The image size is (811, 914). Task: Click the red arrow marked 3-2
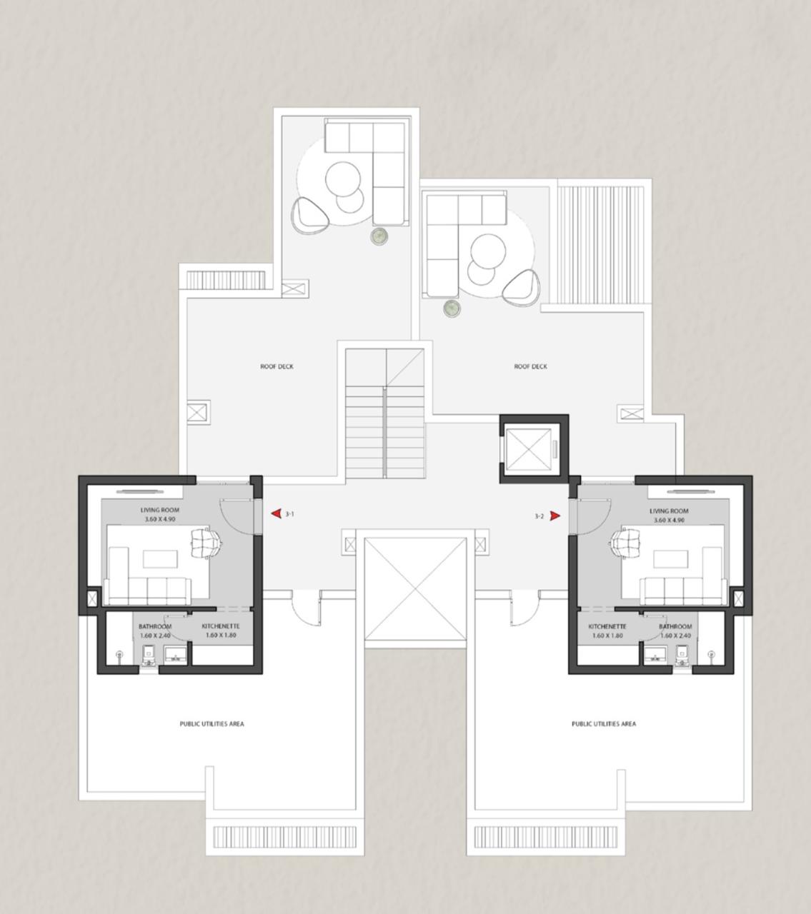click(555, 516)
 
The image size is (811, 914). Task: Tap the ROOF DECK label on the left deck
click(277, 367)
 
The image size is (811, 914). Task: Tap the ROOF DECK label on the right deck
click(531, 367)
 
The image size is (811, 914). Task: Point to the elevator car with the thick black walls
click(529, 450)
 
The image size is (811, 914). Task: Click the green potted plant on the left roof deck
click(379, 235)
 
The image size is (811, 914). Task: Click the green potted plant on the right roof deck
click(452, 308)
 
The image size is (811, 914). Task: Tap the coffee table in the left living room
click(161, 558)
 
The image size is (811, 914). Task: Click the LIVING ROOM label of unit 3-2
click(669, 511)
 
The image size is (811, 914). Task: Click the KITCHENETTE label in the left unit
click(220, 627)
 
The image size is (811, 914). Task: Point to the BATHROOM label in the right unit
click(675, 627)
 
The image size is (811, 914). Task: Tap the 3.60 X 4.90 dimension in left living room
click(159, 519)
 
